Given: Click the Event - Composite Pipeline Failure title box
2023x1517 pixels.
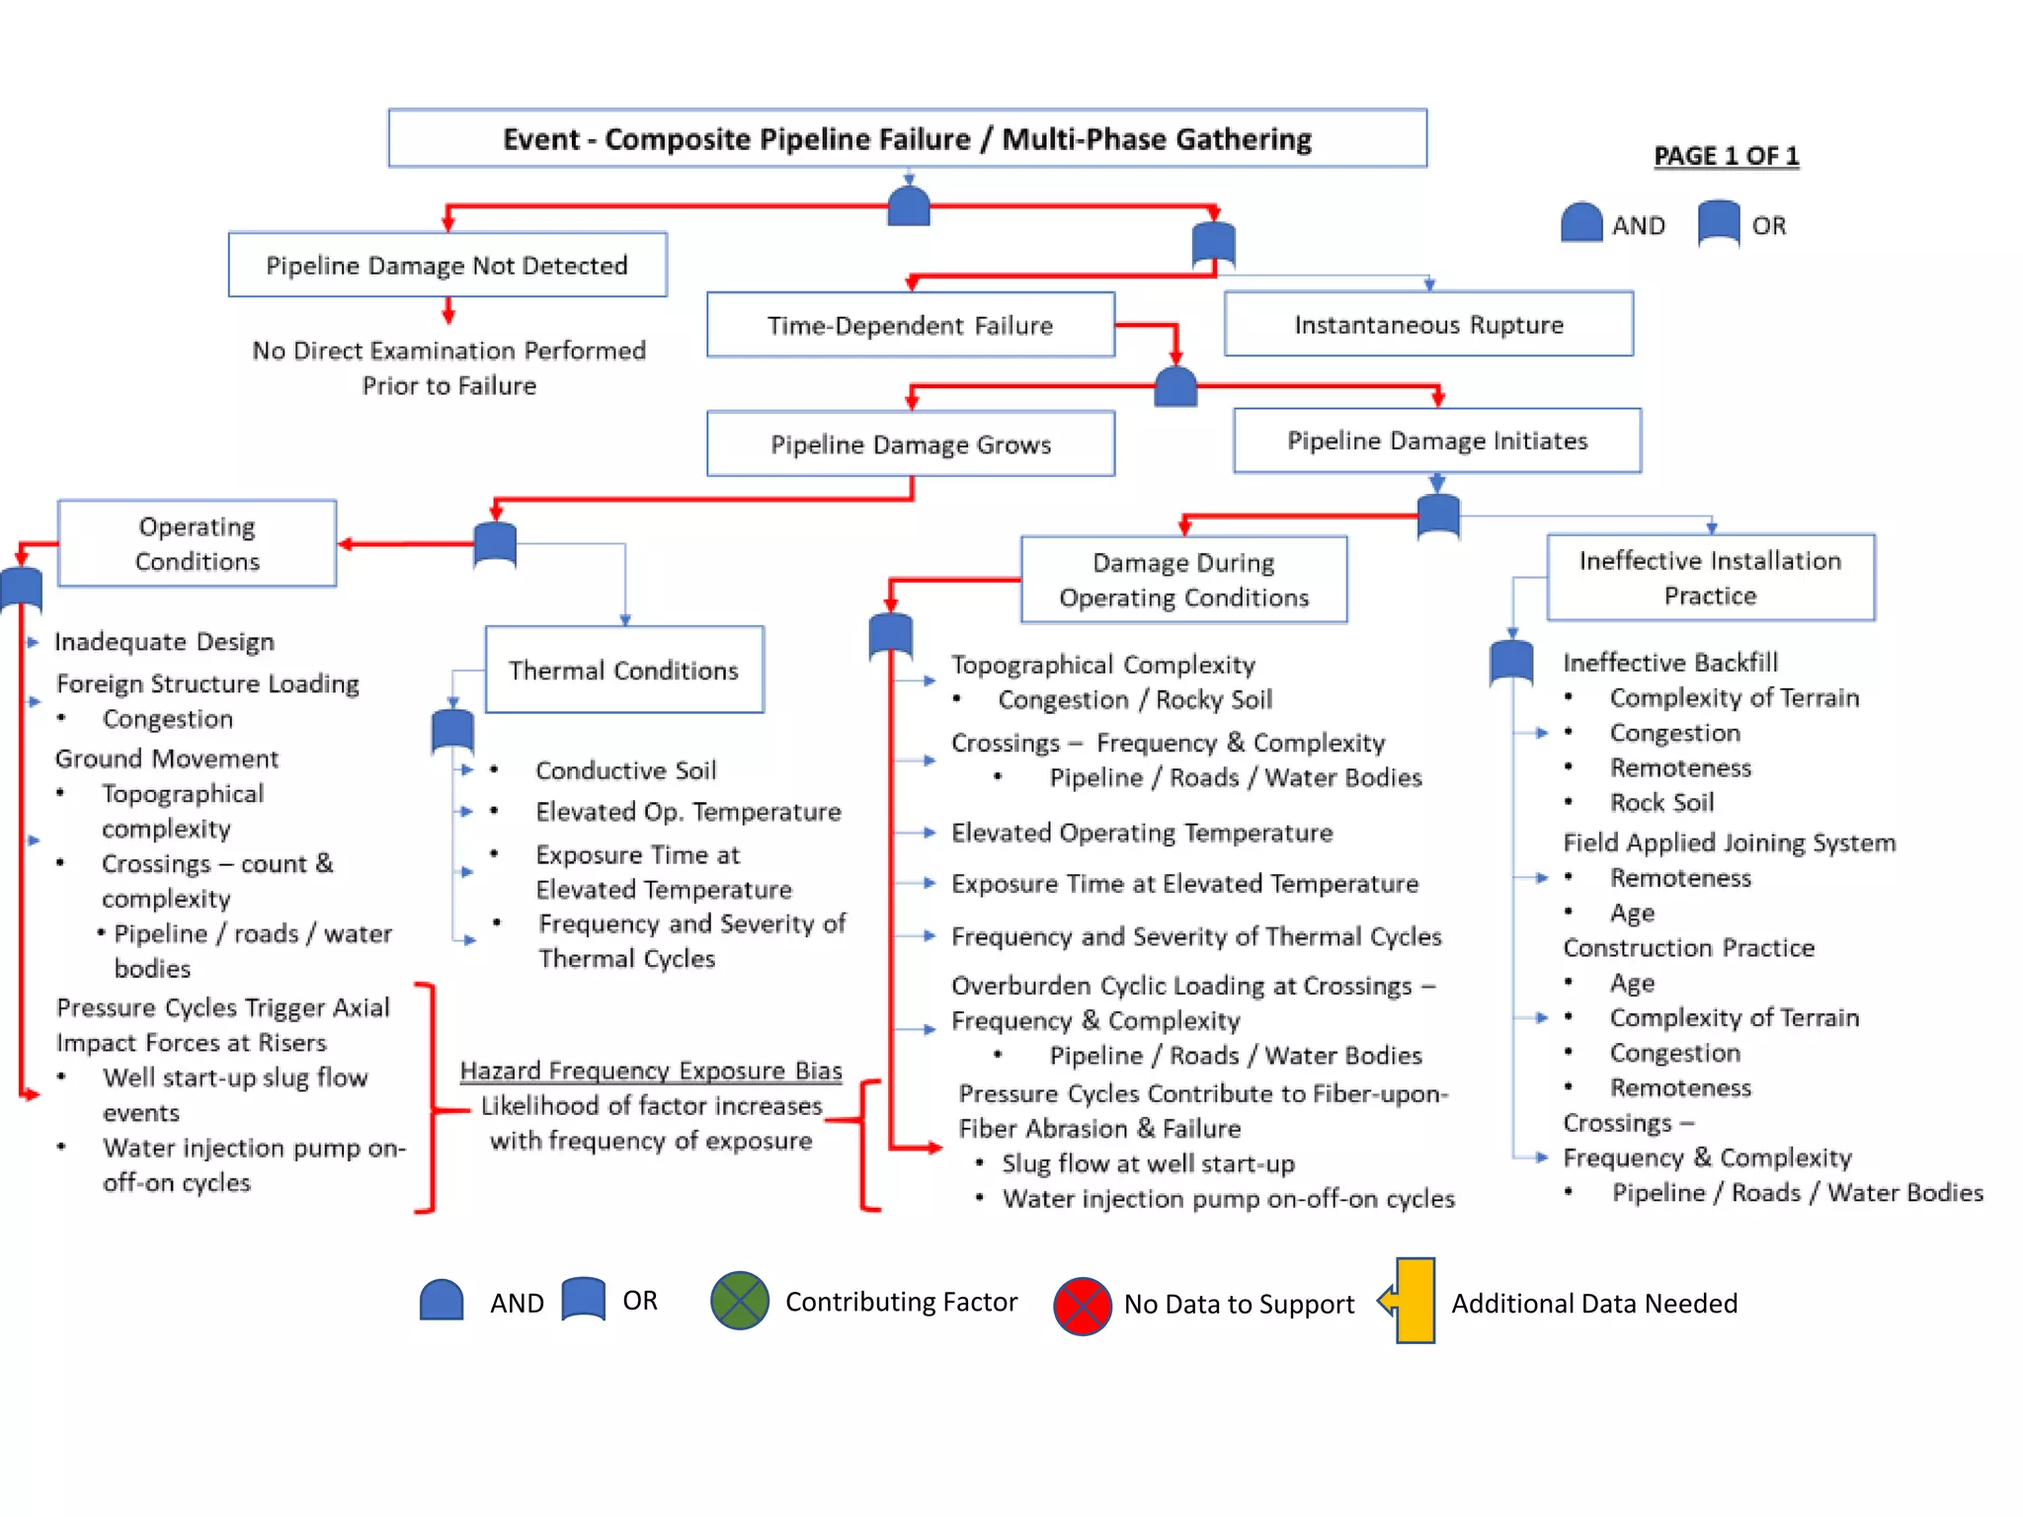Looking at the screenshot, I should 907,138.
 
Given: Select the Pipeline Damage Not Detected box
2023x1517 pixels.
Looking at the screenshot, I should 446,265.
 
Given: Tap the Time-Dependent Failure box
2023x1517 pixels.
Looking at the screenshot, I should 910,325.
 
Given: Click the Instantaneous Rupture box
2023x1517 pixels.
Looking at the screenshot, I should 1428,324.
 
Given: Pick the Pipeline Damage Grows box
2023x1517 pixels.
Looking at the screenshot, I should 910,444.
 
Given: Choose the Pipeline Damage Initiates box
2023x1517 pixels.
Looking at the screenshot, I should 1436,440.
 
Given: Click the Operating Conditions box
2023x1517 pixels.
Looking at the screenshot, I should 197,543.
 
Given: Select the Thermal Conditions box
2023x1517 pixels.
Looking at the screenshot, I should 623,670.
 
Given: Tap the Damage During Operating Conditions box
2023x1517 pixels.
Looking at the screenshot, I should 1183,580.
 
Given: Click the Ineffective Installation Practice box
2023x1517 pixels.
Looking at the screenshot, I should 1710,578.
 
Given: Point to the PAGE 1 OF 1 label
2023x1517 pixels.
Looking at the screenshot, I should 1726,156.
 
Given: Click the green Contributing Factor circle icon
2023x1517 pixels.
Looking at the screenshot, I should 740,1301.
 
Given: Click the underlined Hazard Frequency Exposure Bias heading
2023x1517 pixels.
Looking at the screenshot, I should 651,1071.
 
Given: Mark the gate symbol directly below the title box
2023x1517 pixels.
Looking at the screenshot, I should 909,205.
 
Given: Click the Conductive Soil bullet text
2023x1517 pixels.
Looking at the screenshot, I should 625,770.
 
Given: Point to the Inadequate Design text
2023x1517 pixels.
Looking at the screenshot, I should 164,642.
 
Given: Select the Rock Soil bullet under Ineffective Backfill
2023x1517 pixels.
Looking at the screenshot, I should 1661,803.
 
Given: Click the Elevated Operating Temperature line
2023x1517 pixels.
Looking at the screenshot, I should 1142,833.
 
